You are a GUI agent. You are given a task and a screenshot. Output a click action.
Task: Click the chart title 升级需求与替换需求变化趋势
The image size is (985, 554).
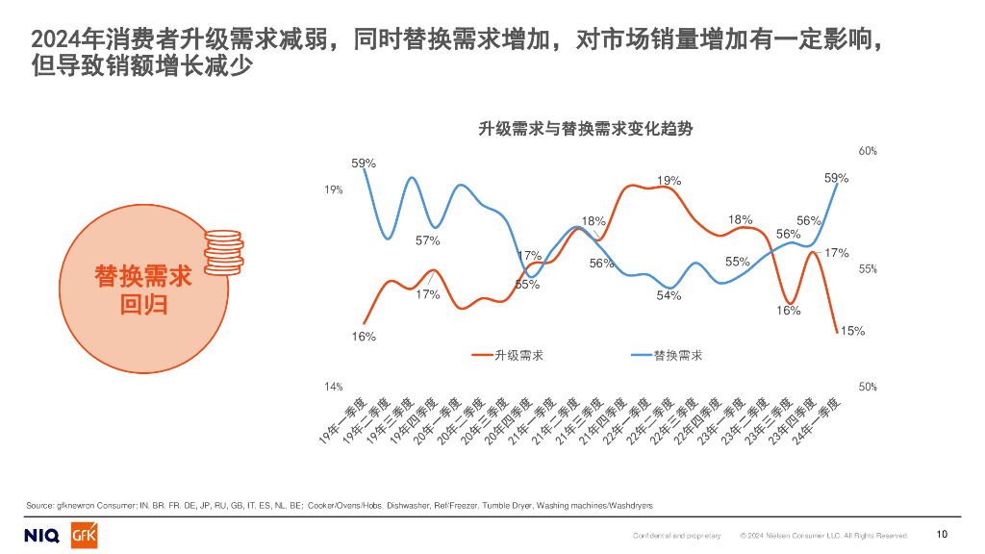pyautogui.click(x=586, y=129)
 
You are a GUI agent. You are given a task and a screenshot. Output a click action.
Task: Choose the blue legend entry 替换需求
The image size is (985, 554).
pyautogui.click(x=676, y=355)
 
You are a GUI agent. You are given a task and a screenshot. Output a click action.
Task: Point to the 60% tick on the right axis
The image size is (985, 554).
pyautogui.click(x=868, y=152)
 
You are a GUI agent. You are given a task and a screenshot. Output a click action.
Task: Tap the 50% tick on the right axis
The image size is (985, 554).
pyautogui.click(x=868, y=387)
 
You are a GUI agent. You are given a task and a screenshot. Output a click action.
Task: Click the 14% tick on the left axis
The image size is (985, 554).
pyautogui.click(x=333, y=387)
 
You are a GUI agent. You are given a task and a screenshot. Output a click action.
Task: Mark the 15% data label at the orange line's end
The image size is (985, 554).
pyautogui.click(x=851, y=331)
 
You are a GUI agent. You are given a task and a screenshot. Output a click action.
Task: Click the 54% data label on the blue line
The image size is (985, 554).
pyautogui.click(x=669, y=295)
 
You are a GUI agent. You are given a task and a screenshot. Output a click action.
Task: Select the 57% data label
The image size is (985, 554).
pyautogui.click(x=427, y=240)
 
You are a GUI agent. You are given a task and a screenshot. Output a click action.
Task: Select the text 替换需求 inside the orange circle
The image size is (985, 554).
pyautogui.click(x=143, y=277)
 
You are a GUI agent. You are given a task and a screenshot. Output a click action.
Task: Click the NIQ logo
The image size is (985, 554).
pyautogui.click(x=41, y=535)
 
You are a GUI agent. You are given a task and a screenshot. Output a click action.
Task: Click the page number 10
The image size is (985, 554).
pyautogui.click(x=942, y=535)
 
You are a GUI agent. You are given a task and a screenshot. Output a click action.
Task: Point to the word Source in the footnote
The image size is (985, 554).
pyautogui.click(x=39, y=504)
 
